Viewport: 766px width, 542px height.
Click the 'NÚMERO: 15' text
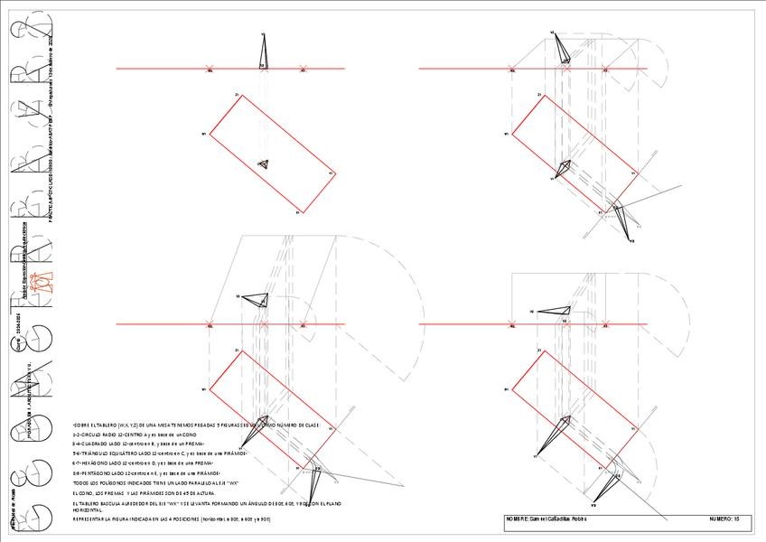pyautogui.click(x=724, y=519)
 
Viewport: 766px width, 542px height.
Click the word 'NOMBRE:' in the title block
pyautogui.click(x=518, y=519)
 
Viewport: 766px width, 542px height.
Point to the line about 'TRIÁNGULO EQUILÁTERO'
pyautogui.click(x=145, y=453)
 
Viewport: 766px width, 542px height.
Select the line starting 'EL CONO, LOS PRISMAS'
pyautogui.click(x=154, y=492)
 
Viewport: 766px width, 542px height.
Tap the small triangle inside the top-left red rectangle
pyautogui.click(x=263, y=164)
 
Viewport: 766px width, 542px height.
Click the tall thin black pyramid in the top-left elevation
pyautogui.click(x=263, y=51)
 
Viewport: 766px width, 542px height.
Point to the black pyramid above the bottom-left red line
pyautogui.click(x=256, y=300)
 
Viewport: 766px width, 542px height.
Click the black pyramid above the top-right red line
pyautogui.click(x=562, y=49)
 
